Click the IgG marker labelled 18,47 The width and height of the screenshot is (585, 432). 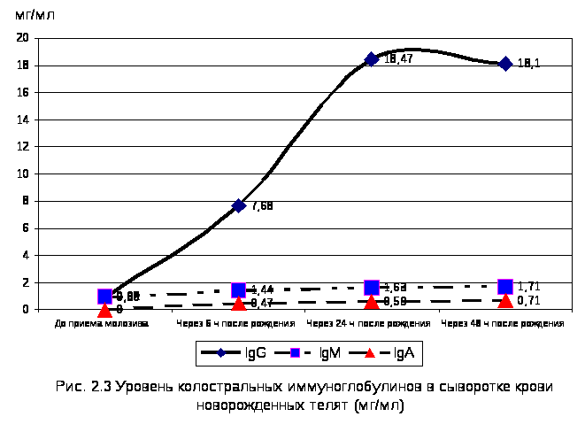pos(372,59)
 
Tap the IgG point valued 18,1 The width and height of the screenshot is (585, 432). pos(505,64)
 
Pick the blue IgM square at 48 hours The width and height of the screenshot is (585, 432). pos(505,287)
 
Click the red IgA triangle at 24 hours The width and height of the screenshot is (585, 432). pos(372,302)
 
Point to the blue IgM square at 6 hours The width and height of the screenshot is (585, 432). pos(238,290)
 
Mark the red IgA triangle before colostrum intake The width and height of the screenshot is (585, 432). pos(104,310)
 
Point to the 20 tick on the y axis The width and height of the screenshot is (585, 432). pos(23,38)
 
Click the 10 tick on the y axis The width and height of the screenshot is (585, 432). pos(23,174)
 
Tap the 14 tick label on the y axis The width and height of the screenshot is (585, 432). pos(23,120)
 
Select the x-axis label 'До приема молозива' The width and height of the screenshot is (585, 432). pos(102,324)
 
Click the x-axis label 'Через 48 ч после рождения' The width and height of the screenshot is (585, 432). pos(503,324)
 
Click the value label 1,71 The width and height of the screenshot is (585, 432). pos(529,287)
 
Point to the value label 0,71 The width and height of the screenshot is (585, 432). pos(529,301)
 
